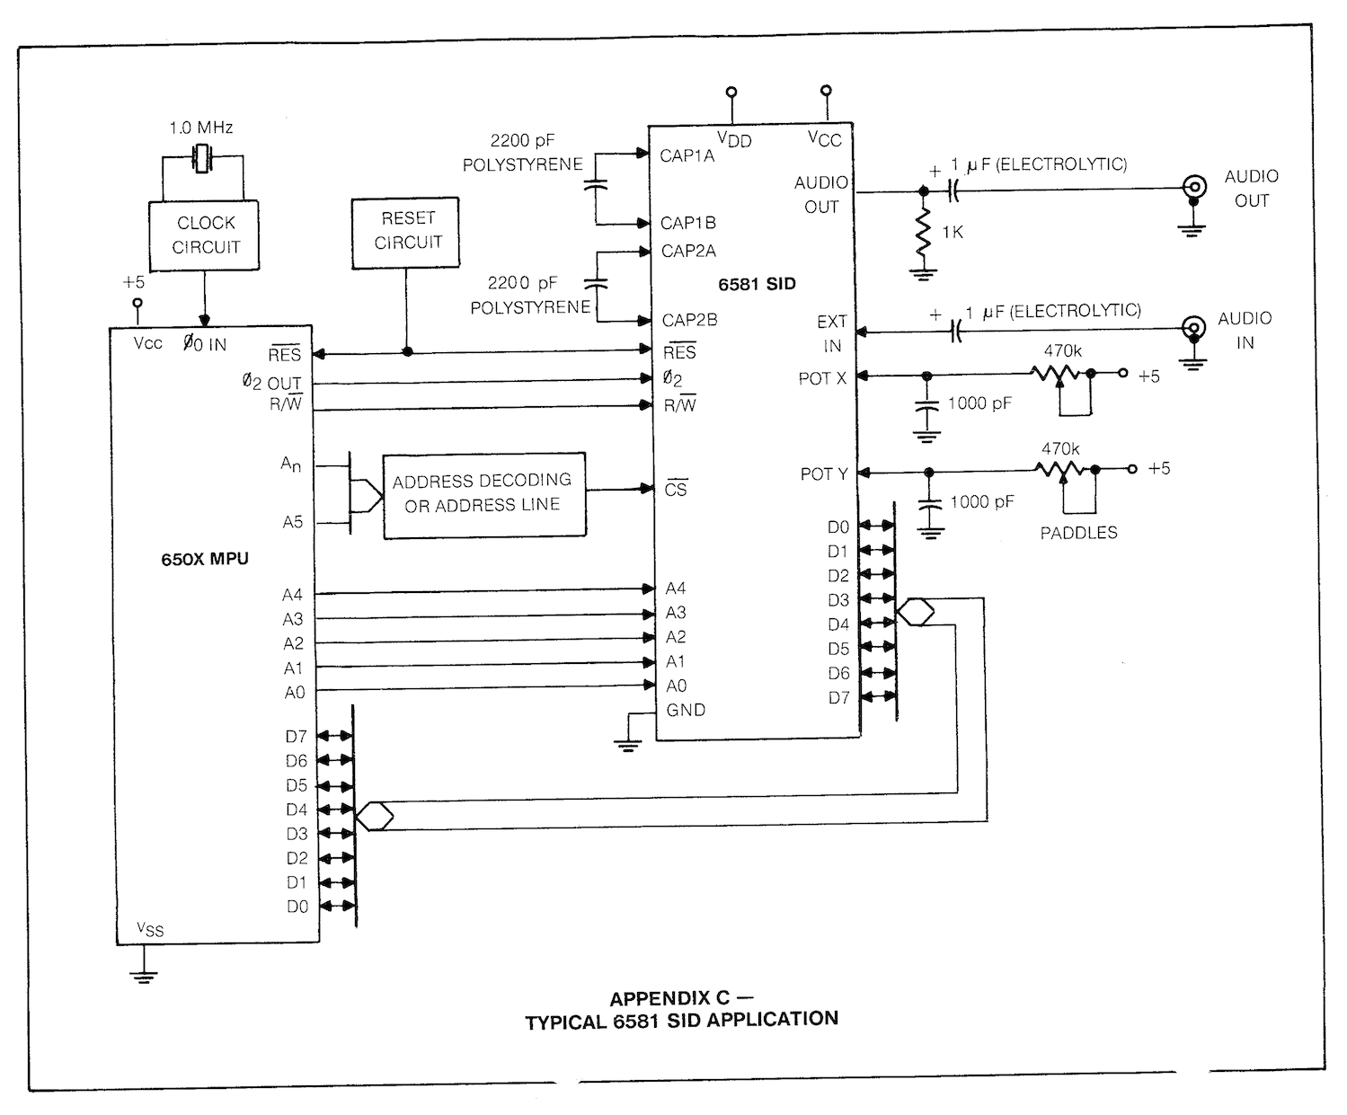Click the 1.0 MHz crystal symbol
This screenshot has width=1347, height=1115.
[x=202, y=159]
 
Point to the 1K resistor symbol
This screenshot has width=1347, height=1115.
[x=924, y=232]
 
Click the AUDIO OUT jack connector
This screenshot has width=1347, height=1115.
[x=1194, y=188]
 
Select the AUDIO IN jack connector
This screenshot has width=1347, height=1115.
[x=1193, y=328]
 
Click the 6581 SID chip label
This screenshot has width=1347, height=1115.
[x=757, y=284]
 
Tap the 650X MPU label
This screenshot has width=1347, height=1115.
[x=205, y=559]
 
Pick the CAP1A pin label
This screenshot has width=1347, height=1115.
[x=687, y=156]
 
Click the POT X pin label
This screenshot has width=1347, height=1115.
[x=822, y=379]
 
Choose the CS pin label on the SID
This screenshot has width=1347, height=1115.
[x=676, y=489]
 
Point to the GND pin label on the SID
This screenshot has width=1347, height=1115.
[x=686, y=710]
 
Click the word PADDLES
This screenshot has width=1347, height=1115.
[x=1078, y=533]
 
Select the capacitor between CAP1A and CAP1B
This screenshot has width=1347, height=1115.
[x=596, y=186]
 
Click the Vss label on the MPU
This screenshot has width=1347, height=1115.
[x=150, y=929]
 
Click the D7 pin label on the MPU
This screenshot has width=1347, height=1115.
[x=297, y=736]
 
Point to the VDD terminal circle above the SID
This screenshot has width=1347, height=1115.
[x=731, y=93]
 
